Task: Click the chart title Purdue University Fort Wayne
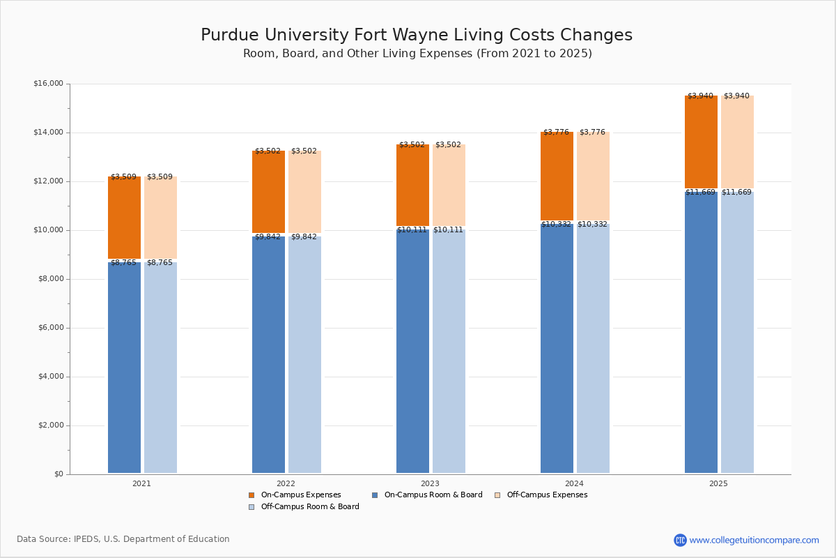click(x=417, y=36)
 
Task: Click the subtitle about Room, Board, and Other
click(x=417, y=54)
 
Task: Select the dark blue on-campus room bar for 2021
click(x=124, y=368)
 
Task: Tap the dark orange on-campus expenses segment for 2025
click(x=701, y=142)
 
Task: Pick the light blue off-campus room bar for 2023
click(x=449, y=352)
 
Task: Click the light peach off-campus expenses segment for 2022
click(x=304, y=192)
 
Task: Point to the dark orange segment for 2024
click(x=557, y=176)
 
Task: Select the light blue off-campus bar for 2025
click(x=737, y=333)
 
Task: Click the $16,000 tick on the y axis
click(x=48, y=84)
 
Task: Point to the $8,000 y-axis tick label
click(x=50, y=279)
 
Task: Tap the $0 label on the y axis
click(x=58, y=474)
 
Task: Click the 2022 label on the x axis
click(x=286, y=483)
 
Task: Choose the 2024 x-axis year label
click(x=574, y=483)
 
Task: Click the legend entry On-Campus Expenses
click(x=300, y=495)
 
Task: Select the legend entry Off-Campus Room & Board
click(x=309, y=507)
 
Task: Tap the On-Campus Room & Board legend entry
click(x=433, y=495)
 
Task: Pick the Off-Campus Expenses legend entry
click(x=546, y=495)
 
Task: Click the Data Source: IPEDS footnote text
click(x=123, y=539)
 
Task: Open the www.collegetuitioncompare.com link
click(x=754, y=540)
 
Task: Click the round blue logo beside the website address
click(x=680, y=540)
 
